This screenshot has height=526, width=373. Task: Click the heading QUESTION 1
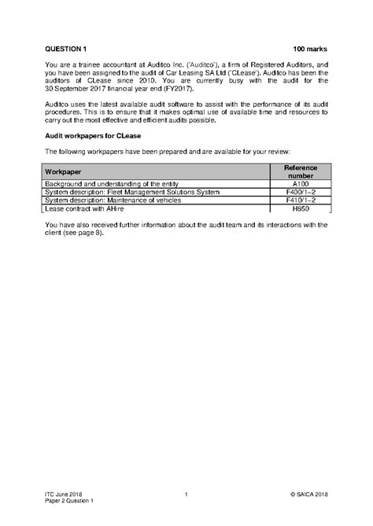click(65, 49)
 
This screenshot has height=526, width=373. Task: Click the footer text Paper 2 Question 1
click(69, 501)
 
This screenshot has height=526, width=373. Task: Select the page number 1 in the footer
click(186, 494)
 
